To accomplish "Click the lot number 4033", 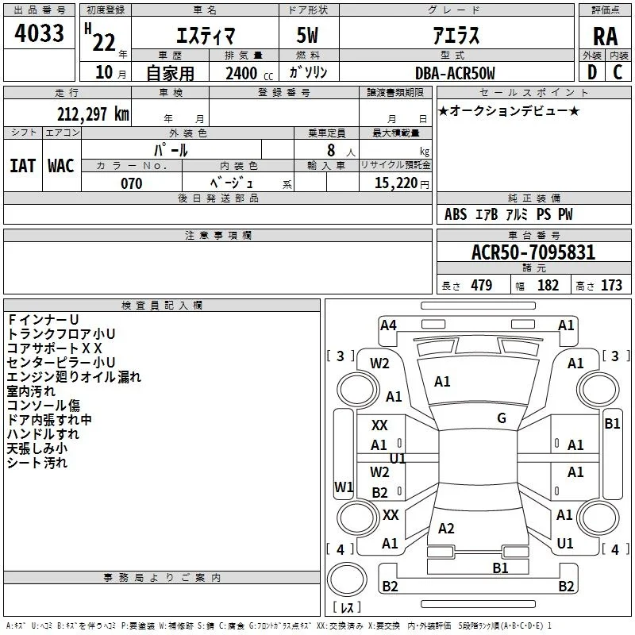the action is coord(39,33).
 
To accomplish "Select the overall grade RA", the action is coord(605,37).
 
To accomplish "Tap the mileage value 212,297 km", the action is coord(93,114).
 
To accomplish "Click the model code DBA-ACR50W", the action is coord(455,73).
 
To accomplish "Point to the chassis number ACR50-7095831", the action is coord(533,252).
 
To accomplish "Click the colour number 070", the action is coord(132,183).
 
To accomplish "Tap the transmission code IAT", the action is coord(23,166).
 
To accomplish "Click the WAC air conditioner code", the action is coord(61,166).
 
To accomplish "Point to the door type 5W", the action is coord(307,35).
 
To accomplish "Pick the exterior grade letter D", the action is coord(592,72).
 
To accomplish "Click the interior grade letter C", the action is coord(618,72).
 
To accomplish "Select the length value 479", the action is coord(482,285).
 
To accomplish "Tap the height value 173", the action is coord(611,285).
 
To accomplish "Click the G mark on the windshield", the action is coord(502,418).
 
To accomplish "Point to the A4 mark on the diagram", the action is coord(388,325).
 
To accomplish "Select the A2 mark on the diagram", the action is coord(446,528).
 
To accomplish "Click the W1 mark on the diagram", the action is coord(344,487).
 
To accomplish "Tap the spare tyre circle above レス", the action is coord(347,579).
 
